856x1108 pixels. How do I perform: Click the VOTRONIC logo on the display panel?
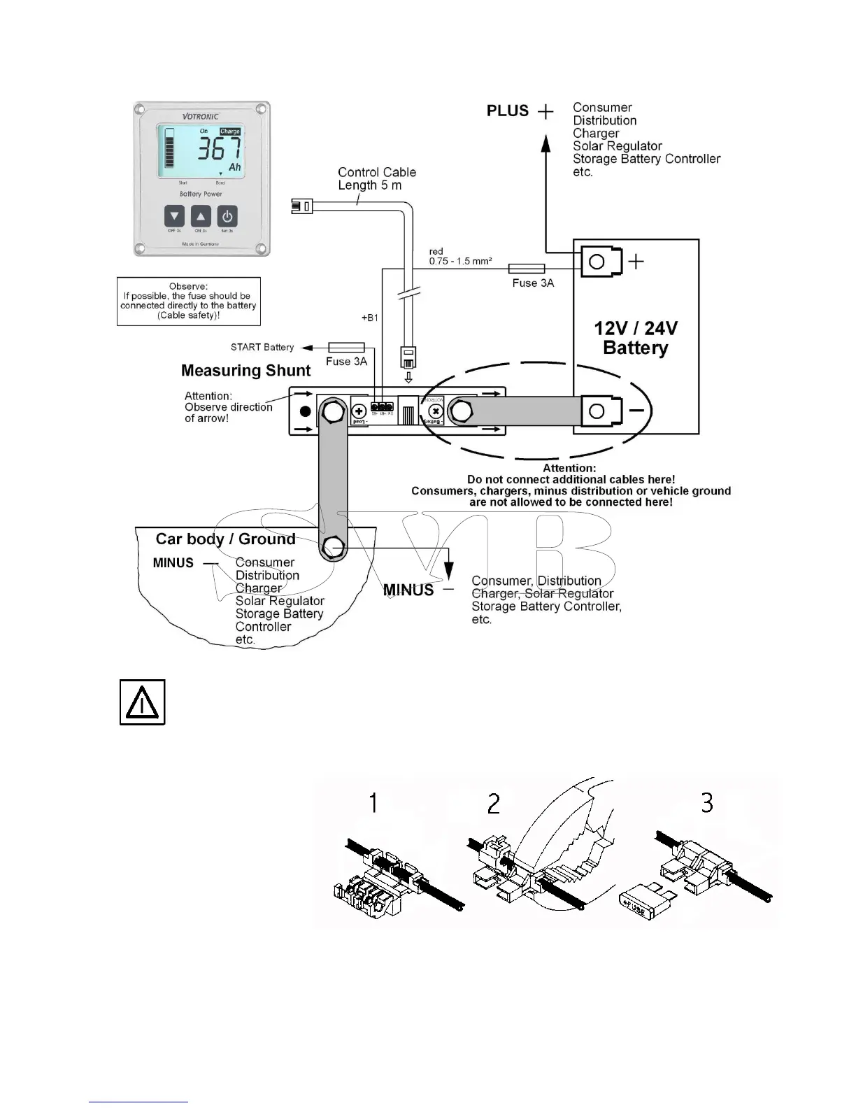200,117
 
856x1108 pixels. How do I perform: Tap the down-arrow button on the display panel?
174,217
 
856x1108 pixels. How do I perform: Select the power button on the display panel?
227,217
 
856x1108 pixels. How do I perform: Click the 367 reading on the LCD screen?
219,148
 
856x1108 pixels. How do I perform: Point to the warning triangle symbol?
143,702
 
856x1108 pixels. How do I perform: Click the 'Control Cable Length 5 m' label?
376,178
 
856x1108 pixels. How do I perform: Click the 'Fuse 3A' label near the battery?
532,283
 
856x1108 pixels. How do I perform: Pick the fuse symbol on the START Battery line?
346,347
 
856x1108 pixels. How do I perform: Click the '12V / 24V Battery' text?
635,338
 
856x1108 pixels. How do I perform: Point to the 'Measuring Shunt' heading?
245,371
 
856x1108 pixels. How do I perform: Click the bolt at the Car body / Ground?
334,546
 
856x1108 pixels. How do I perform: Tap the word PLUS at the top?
508,111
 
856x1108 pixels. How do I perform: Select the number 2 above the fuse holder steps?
494,804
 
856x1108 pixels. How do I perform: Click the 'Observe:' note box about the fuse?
188,301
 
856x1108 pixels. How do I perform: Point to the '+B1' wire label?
369,318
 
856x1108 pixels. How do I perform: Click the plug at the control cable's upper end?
302,206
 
